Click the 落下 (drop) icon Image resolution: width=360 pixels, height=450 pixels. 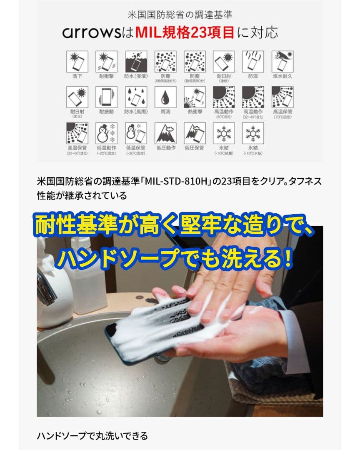coord(77,62)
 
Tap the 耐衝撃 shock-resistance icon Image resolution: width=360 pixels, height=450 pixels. coord(106,62)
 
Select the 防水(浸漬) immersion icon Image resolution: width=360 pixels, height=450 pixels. coord(135,62)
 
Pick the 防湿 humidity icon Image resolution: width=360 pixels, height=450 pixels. coord(253,62)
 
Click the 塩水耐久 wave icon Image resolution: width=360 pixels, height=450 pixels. coord(282,62)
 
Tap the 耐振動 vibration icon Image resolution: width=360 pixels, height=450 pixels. coord(106,97)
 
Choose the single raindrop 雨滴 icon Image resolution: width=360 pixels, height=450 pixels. coord(165,97)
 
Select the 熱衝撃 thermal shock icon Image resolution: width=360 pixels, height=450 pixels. coord(195,97)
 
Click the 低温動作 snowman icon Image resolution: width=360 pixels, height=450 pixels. coord(106,133)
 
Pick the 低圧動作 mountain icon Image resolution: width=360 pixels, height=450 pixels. coord(165,133)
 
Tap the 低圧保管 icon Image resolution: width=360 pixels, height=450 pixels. coord(195,133)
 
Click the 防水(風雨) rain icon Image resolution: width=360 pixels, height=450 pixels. coord(135,97)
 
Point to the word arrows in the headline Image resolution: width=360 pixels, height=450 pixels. coord(87,33)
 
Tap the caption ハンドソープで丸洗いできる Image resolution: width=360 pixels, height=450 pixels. coord(92,436)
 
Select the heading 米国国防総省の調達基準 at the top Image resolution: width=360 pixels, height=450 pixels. coord(180,15)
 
